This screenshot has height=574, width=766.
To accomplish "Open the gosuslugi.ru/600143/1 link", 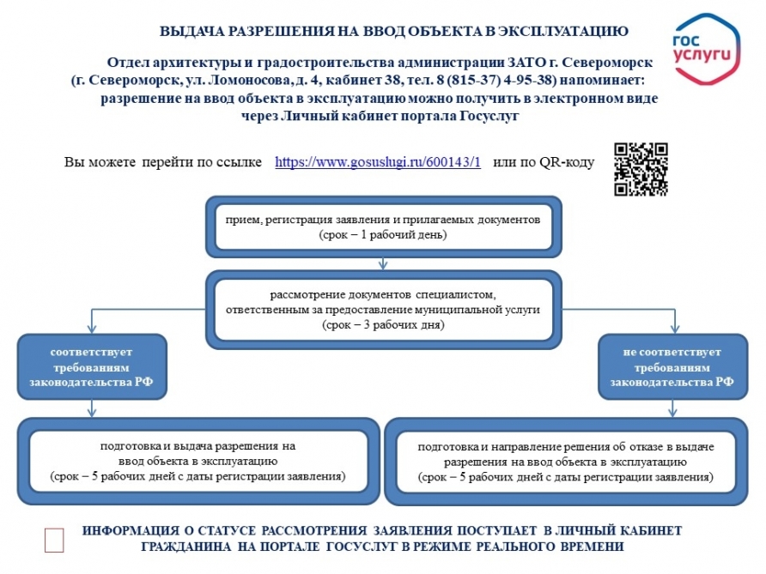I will [378, 162].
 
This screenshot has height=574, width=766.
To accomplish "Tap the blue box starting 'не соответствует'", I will [672, 367].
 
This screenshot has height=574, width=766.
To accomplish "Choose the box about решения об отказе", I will [566, 461].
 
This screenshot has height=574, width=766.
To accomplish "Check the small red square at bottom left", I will [54, 539].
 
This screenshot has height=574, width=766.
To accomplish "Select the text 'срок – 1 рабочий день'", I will [383, 234].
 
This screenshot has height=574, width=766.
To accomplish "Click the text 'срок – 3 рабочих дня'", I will [383, 325].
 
